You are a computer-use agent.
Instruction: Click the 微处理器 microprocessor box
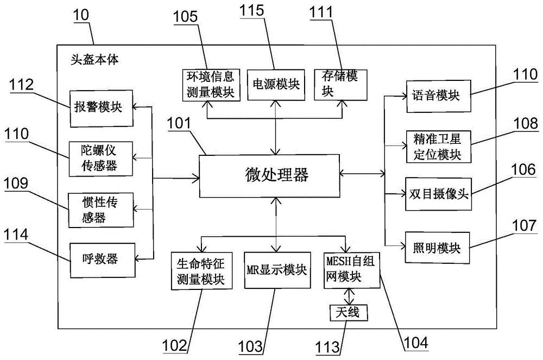point(269,175)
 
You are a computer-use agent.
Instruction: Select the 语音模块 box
point(437,96)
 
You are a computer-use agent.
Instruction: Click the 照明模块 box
point(437,248)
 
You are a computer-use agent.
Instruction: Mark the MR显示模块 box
point(276,270)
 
